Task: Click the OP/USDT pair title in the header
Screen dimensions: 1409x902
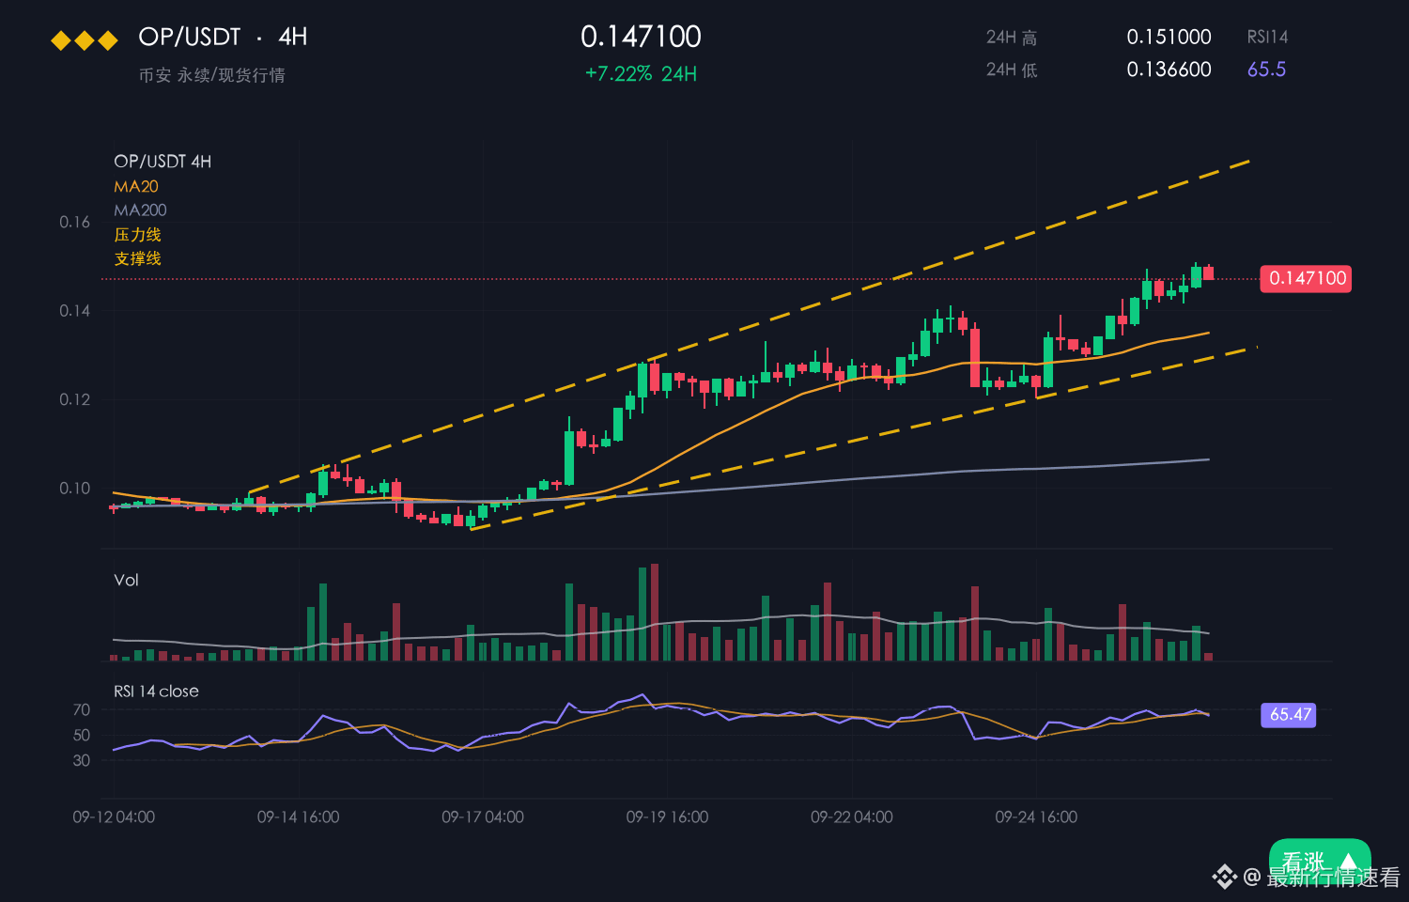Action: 190,37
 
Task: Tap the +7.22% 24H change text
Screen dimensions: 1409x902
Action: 641,74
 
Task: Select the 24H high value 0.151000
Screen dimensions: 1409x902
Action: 1169,37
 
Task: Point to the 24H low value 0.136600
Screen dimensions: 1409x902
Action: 1169,70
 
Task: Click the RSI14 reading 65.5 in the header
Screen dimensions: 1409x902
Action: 1267,70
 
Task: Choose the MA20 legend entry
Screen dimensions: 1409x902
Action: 136,186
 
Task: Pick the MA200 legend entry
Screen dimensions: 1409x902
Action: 140,210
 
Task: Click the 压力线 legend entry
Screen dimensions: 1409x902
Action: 138,235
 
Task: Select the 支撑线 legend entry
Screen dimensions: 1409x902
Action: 138,258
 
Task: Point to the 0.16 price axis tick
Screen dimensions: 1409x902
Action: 74,222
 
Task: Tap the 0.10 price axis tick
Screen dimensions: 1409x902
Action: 74,488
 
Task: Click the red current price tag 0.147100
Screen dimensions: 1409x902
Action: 1306,279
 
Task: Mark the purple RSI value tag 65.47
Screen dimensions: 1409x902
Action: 1288,715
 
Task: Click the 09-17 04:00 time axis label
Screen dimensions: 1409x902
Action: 483,817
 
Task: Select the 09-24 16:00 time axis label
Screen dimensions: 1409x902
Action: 1036,817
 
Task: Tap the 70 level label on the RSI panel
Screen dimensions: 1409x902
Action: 81,709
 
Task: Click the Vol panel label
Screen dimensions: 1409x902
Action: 126,580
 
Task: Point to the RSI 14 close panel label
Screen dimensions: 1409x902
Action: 156,692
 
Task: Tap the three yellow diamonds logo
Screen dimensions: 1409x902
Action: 85,41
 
